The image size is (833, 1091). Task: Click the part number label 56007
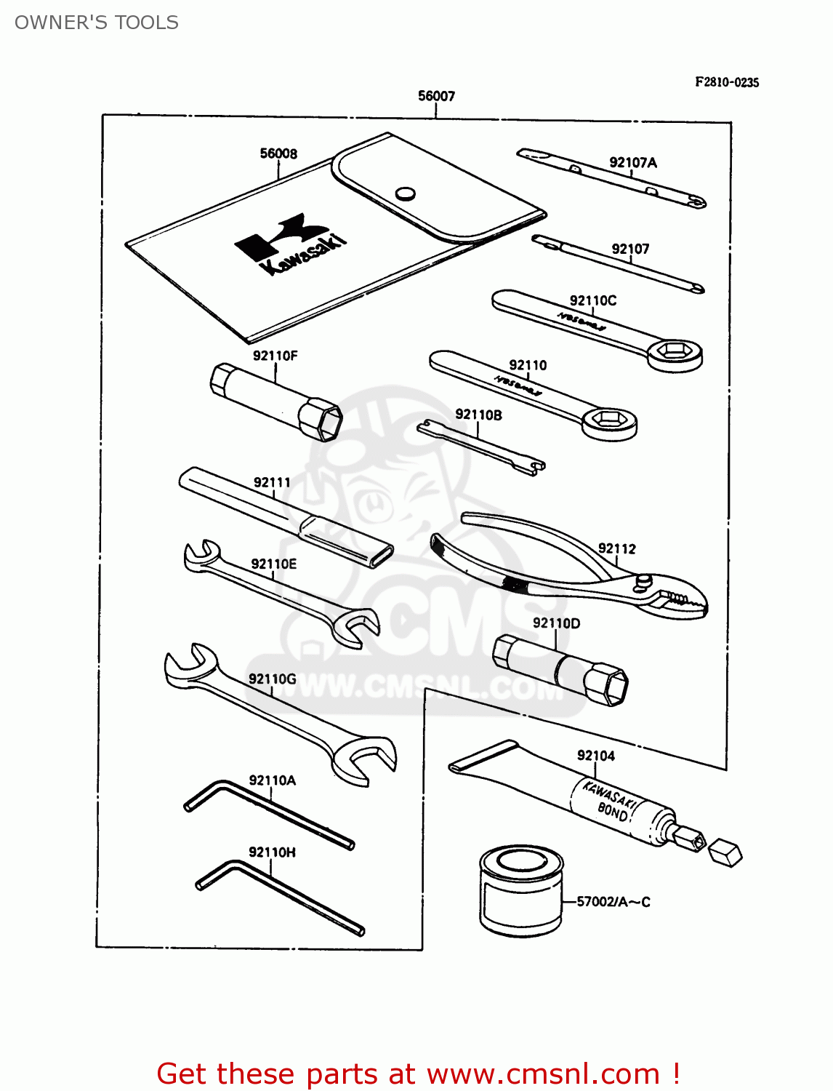436,96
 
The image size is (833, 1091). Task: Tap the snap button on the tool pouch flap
405,193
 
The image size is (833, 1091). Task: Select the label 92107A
632,163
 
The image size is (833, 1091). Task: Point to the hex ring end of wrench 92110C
675,353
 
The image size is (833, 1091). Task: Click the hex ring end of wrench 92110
609,420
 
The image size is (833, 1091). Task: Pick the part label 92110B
478,415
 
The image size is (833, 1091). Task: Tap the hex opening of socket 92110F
326,420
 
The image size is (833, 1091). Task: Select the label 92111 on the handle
272,482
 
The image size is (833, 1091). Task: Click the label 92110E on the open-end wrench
273,564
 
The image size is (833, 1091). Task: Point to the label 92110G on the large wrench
272,679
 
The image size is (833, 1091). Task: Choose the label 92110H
272,852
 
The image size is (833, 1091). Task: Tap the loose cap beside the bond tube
725,852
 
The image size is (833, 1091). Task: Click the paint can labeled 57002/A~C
520,890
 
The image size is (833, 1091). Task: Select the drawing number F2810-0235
726,82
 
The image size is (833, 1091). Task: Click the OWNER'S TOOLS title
97,23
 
